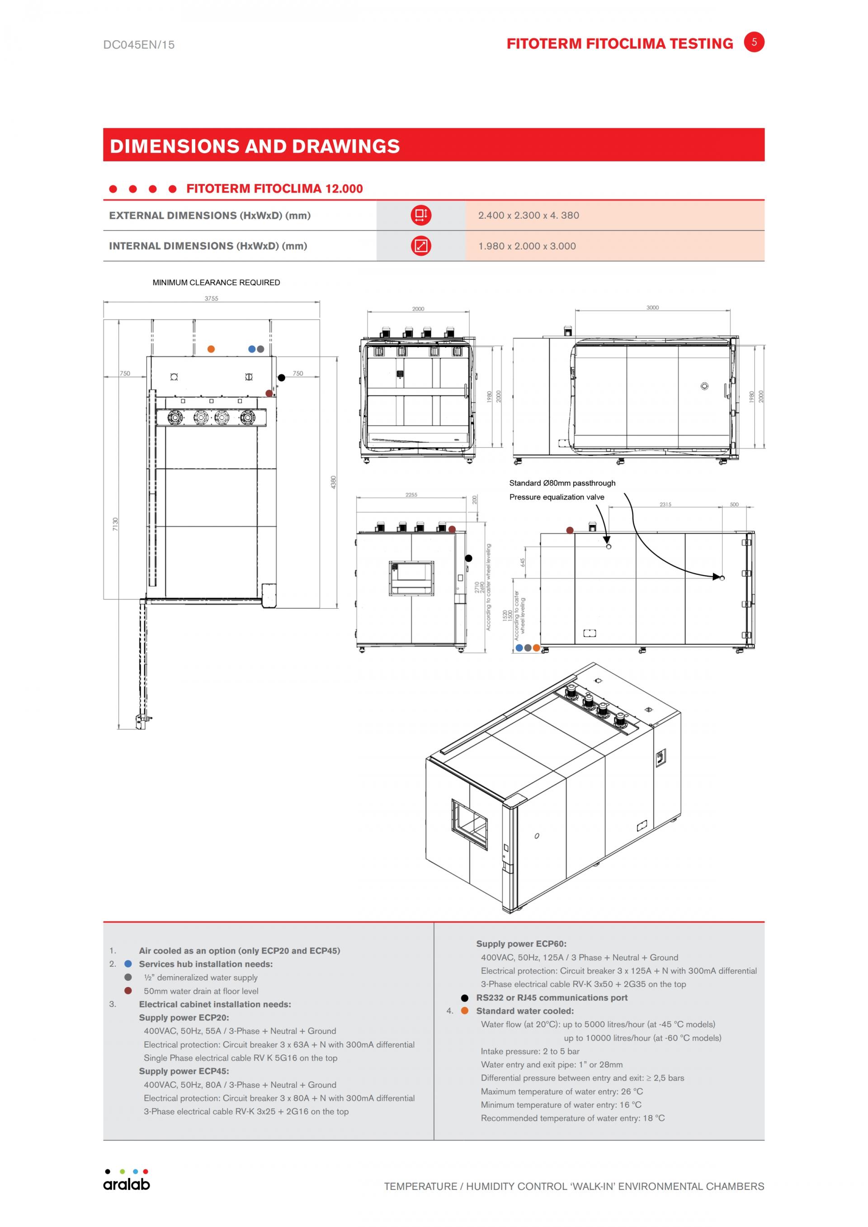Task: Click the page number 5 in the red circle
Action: coord(754,42)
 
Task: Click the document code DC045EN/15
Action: coord(139,45)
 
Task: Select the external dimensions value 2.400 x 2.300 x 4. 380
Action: coord(528,216)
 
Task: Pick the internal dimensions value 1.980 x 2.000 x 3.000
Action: coord(527,246)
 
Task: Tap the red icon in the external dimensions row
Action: coord(420,216)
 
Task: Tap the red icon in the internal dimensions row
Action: coord(420,246)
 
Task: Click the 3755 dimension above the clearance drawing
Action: coord(211,298)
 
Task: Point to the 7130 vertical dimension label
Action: coord(115,524)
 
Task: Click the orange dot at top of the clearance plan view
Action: coord(211,349)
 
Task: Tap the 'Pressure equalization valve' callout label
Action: coord(557,497)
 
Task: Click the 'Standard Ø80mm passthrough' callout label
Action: coord(562,483)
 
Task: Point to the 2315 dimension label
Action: coord(665,504)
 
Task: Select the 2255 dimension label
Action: coord(411,495)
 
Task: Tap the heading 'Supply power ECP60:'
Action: coord(521,944)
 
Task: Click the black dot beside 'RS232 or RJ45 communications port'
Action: coord(464,998)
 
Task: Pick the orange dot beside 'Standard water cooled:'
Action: coord(464,1011)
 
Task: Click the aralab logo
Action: coord(127,1181)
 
